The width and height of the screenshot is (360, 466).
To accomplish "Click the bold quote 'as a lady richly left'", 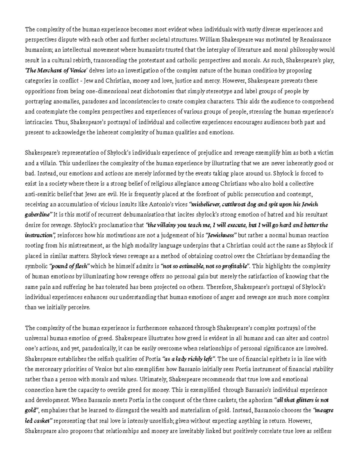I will click(x=189, y=359).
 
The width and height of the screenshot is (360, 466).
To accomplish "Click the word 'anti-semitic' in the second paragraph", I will click(x=38, y=194).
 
